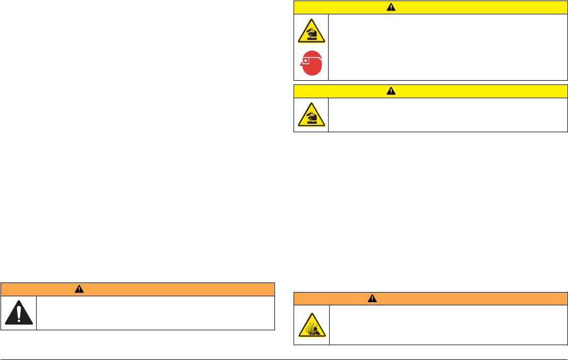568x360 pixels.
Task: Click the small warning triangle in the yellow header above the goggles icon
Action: pos(391,7)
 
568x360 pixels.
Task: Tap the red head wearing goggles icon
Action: pos(312,64)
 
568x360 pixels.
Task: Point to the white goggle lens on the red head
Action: pos(305,60)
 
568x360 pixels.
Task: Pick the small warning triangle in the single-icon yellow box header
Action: pos(391,91)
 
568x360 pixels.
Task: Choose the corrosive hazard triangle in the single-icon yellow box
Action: pos(311,115)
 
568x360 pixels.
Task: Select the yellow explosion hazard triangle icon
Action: pos(312,325)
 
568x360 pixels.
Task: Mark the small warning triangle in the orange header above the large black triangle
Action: pos(79,289)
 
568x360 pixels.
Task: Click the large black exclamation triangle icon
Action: pos(19,313)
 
